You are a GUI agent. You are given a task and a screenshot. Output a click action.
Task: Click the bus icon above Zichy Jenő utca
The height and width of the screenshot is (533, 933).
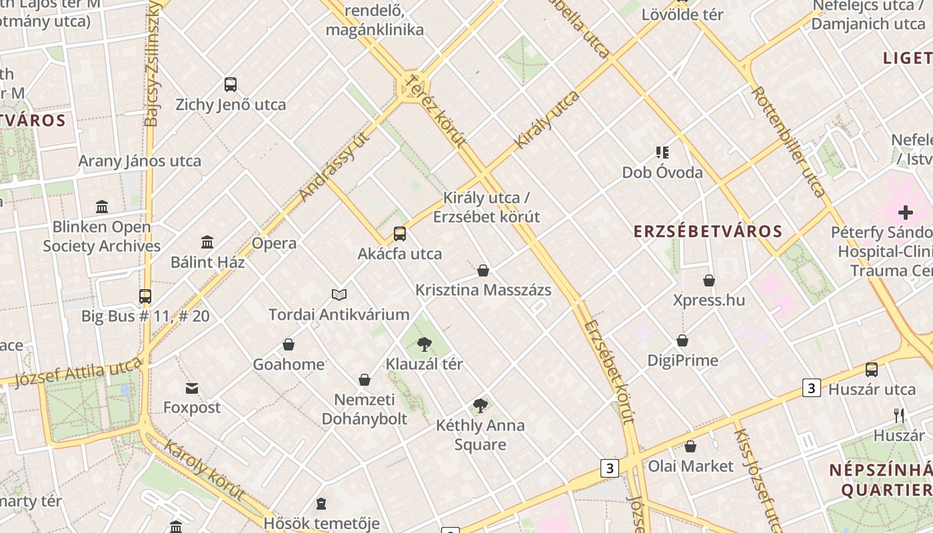(231, 85)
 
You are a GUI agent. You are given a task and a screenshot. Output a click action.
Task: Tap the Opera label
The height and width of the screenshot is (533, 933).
(274, 243)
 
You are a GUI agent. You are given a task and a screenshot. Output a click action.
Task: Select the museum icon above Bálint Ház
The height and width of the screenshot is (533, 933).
(207, 242)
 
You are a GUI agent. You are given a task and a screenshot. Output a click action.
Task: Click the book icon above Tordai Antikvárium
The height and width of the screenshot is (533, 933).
(339, 294)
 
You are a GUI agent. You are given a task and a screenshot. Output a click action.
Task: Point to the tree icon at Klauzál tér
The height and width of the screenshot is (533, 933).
(424, 344)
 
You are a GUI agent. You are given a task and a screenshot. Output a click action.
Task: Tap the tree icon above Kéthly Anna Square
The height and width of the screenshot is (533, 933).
(480, 405)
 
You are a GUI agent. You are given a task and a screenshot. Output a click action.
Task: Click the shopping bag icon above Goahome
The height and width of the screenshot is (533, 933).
(289, 344)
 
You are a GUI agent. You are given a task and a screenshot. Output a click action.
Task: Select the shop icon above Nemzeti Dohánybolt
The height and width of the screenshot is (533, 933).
(365, 380)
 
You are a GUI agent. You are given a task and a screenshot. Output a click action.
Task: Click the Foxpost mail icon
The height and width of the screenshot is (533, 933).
(192, 388)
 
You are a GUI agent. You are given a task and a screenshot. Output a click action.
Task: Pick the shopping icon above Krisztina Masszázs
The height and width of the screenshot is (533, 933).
(483, 270)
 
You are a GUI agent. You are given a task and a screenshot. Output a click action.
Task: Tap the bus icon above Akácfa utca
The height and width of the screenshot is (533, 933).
(400, 234)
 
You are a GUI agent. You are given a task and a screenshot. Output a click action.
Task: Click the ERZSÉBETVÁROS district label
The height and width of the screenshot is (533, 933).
(707, 232)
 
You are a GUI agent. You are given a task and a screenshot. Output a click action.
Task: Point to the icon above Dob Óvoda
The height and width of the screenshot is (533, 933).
(662, 153)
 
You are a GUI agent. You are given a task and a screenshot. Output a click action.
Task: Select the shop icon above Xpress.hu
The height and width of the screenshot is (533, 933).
(709, 280)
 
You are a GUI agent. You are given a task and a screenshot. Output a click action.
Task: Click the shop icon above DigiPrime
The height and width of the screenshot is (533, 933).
(682, 340)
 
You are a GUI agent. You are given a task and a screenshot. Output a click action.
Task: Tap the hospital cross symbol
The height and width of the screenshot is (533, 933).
(905, 213)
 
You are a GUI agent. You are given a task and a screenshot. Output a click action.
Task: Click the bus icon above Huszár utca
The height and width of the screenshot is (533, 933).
(872, 370)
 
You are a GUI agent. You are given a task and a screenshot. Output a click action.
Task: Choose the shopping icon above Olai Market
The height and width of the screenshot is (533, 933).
(690, 446)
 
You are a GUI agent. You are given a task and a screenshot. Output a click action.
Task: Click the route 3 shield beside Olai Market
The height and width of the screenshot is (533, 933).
(609, 468)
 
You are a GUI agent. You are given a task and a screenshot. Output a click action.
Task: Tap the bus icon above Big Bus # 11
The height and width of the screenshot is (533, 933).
(145, 296)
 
